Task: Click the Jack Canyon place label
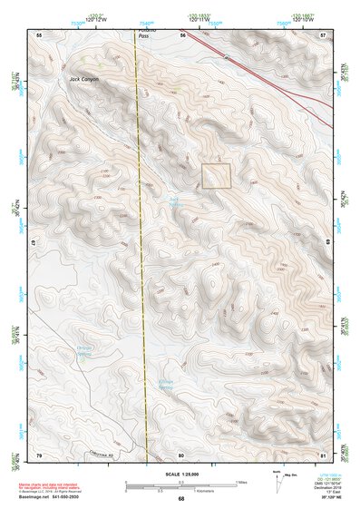pyautogui.click(x=56, y=80)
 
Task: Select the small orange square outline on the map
pyautogui.click(x=217, y=175)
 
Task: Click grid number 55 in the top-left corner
pyautogui.click(x=39, y=34)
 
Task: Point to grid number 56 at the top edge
pyautogui.click(x=182, y=34)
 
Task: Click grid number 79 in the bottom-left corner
pyautogui.click(x=39, y=454)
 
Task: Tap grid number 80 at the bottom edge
pyautogui.click(x=182, y=454)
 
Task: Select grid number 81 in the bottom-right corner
pyautogui.click(x=322, y=454)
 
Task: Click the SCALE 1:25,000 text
pyautogui.click(x=180, y=475)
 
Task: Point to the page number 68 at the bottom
pyautogui.click(x=180, y=499)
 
